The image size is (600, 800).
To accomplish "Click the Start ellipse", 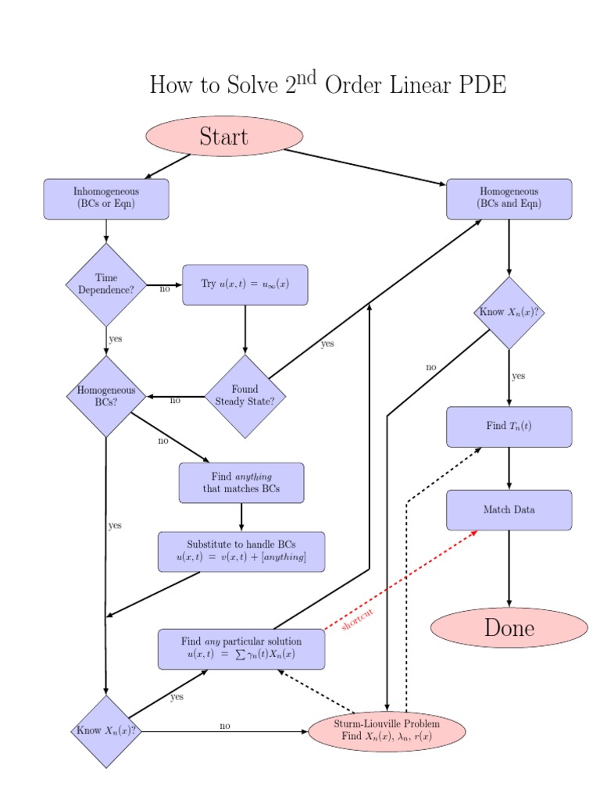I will coord(223,137).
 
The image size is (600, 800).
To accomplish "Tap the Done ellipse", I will coord(509,628).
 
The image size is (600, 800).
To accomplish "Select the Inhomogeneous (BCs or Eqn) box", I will coord(106,198).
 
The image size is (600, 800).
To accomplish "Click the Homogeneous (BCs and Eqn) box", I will coord(509,198).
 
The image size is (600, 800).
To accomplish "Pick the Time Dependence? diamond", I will coord(106,284).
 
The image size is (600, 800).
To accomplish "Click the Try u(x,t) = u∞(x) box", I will coord(245,284).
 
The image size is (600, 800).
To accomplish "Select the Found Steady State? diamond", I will coord(245,396).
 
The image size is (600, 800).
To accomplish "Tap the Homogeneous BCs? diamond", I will coord(106,396).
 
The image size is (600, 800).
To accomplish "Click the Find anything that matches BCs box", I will coord(241,483).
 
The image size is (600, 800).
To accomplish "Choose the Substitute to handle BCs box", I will coord(241,552).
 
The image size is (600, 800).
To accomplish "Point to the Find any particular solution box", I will coord(241,648).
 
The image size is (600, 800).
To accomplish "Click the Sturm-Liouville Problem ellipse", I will coord(387,730).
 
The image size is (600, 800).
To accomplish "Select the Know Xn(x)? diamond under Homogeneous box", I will coord(509,312).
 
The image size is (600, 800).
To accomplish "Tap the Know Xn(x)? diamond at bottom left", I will coord(105,731).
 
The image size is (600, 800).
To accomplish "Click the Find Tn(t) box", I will coord(509,427).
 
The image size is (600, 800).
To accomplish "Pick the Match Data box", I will coord(509,510).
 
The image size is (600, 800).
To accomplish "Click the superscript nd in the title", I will coord(306,77).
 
